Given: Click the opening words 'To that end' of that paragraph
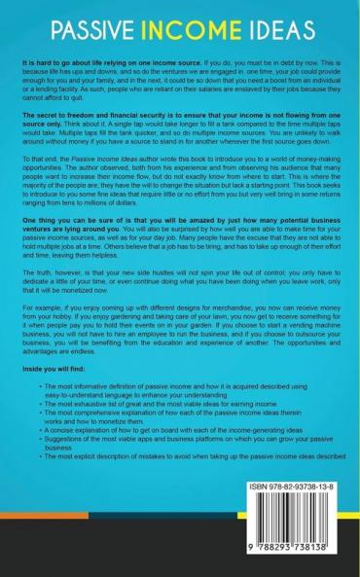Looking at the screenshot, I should point(40,182).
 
